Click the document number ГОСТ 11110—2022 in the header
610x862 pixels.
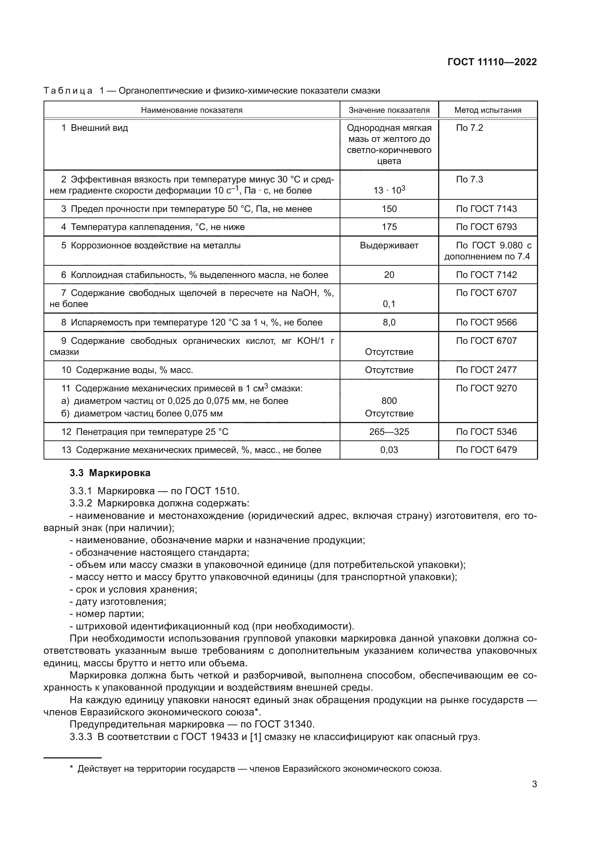[492, 62]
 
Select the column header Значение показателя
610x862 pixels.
[389, 110]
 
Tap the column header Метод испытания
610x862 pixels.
[488, 110]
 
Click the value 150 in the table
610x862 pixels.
[389, 209]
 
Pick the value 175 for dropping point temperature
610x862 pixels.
[389, 227]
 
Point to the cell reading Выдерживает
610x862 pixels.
[389, 245]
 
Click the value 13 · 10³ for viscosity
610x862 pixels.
[389, 190]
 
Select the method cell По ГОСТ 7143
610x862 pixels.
[486, 209]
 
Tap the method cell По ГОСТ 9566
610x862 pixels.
[486, 322]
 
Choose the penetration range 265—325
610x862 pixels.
[389, 432]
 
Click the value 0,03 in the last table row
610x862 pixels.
[389, 450]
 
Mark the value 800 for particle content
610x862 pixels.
[389, 401]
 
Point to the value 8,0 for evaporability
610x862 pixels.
[389, 322]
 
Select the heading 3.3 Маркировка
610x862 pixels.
[110, 473]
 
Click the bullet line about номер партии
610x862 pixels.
[107, 614]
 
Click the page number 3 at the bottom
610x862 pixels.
[534, 784]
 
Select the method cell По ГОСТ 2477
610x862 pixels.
[486, 370]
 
